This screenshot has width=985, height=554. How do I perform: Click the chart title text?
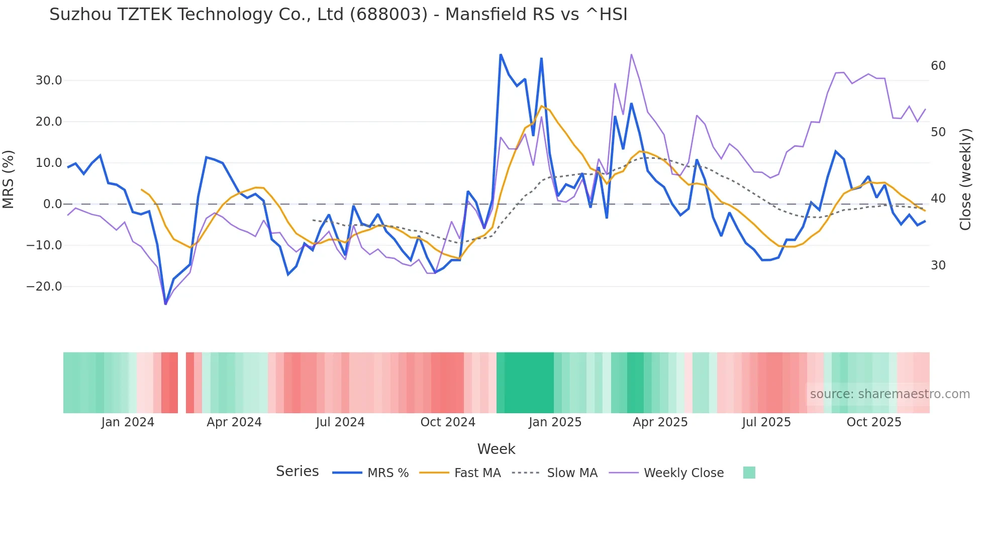(x=338, y=15)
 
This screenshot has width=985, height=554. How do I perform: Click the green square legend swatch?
(x=749, y=473)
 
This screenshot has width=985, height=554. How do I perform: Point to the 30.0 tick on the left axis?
(x=49, y=80)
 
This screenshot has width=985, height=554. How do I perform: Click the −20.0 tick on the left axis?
(x=44, y=287)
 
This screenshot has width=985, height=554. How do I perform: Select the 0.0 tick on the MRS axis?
(x=52, y=204)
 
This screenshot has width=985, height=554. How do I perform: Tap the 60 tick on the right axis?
(x=938, y=66)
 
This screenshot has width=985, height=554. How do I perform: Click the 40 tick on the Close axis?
(x=938, y=199)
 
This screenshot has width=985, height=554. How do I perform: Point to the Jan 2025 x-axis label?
(x=555, y=422)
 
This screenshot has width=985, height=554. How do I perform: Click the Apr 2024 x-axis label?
(x=234, y=422)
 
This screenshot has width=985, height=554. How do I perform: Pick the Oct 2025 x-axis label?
(x=874, y=422)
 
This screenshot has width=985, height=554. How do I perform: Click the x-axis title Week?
(x=496, y=449)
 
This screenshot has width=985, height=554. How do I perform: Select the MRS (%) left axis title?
(x=9, y=179)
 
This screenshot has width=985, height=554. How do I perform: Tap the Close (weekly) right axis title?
(x=965, y=179)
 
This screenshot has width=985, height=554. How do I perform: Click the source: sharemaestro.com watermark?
(x=890, y=394)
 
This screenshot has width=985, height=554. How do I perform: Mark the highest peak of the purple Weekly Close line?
(x=631, y=54)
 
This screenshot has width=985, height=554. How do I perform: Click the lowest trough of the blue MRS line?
(x=165, y=304)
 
